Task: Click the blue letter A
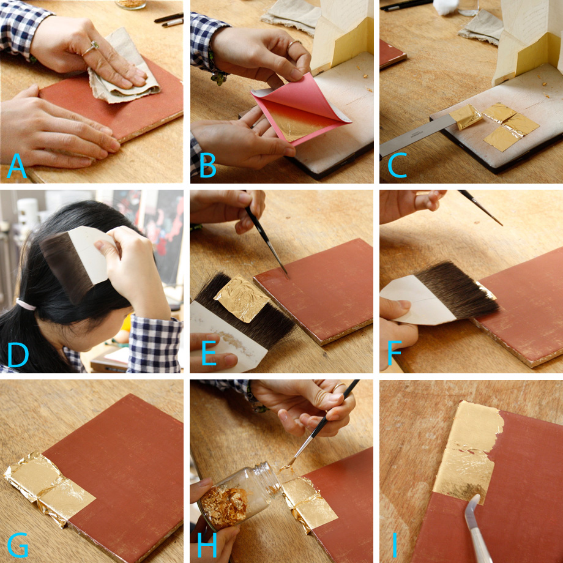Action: tap(17, 166)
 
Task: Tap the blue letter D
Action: tap(18, 355)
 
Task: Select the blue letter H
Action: tap(207, 545)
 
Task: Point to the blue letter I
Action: tap(395, 545)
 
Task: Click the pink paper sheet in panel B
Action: tap(301, 107)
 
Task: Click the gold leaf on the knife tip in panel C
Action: tap(466, 116)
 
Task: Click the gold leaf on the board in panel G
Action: tap(50, 485)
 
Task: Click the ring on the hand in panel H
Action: tap(338, 388)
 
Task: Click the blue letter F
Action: tap(394, 355)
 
